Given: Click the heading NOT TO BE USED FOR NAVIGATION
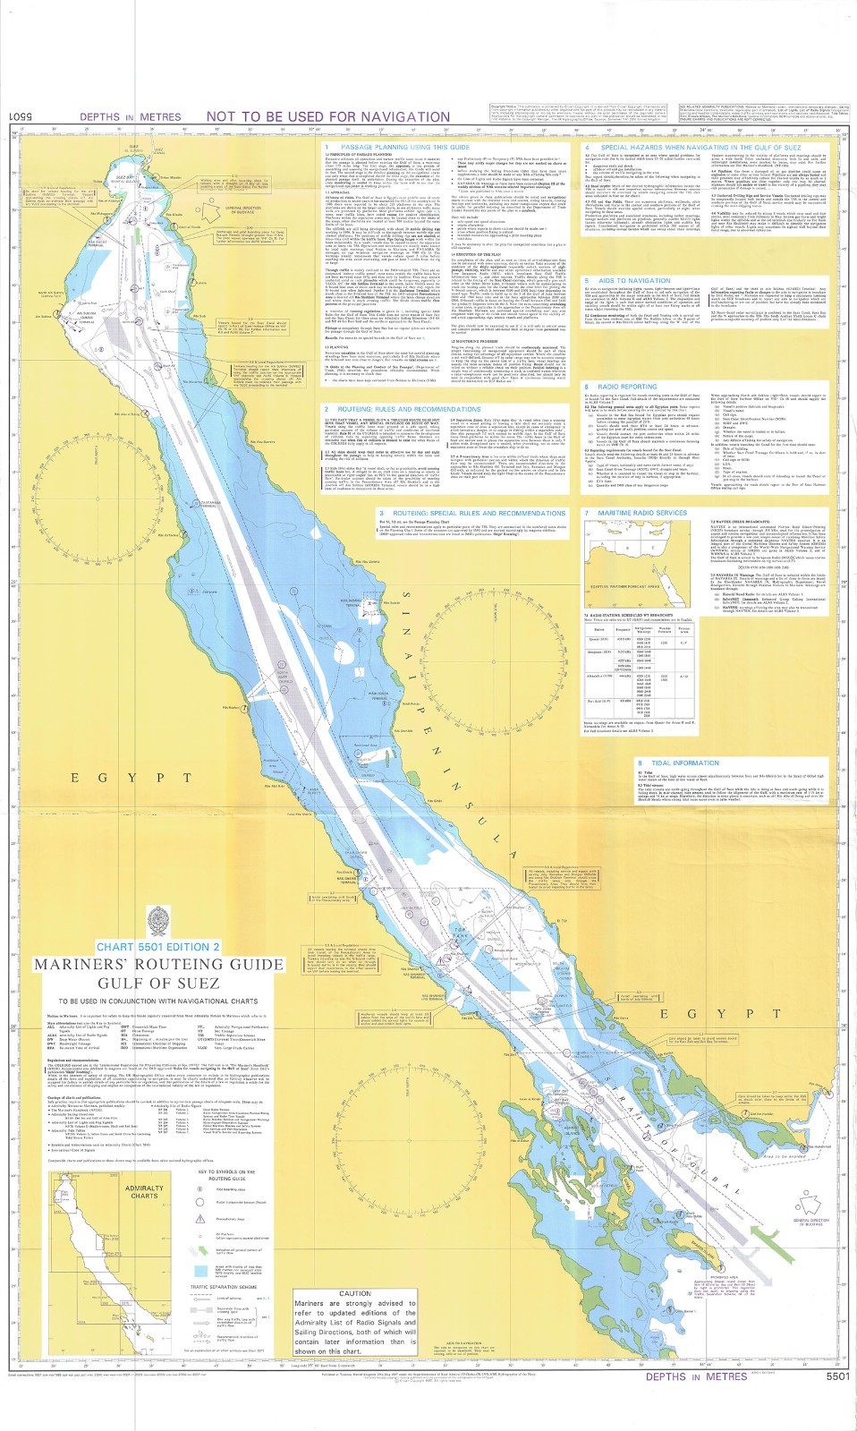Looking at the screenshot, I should (327, 116).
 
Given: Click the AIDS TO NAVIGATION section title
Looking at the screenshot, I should (634, 280).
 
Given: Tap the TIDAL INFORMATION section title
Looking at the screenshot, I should (684, 763).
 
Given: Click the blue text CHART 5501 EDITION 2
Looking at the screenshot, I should (157, 947).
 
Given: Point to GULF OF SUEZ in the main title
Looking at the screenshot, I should (158, 982).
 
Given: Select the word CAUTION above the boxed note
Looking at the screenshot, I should (354, 1293).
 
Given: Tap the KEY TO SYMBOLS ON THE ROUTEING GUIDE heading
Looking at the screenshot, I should (226, 1175).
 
